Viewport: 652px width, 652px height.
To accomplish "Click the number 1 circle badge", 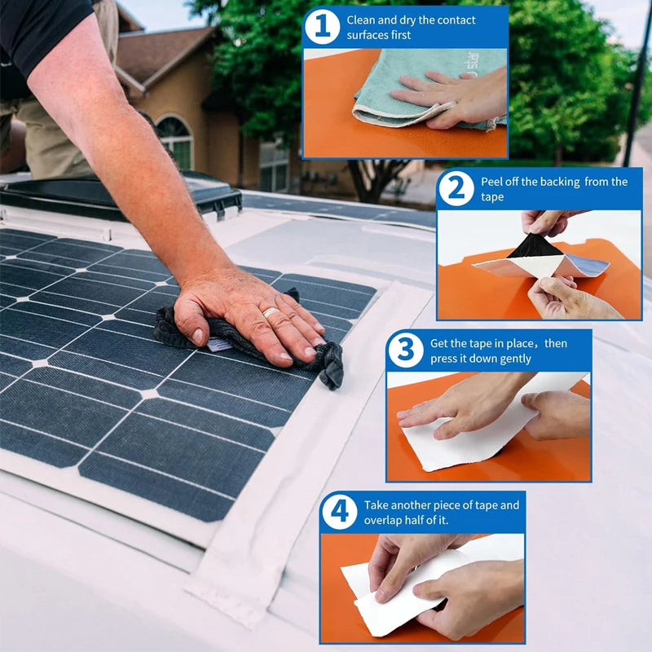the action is coord(322,27).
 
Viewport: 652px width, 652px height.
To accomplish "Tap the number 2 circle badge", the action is coord(456,188).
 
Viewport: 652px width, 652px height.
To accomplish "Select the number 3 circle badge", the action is coord(406,350).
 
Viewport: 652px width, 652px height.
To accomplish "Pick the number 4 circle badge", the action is coord(339,512).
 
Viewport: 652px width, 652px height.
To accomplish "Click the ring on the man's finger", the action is coord(271,312).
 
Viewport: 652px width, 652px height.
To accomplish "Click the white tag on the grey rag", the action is coord(219,345).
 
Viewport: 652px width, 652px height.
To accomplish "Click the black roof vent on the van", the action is coord(121,197).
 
